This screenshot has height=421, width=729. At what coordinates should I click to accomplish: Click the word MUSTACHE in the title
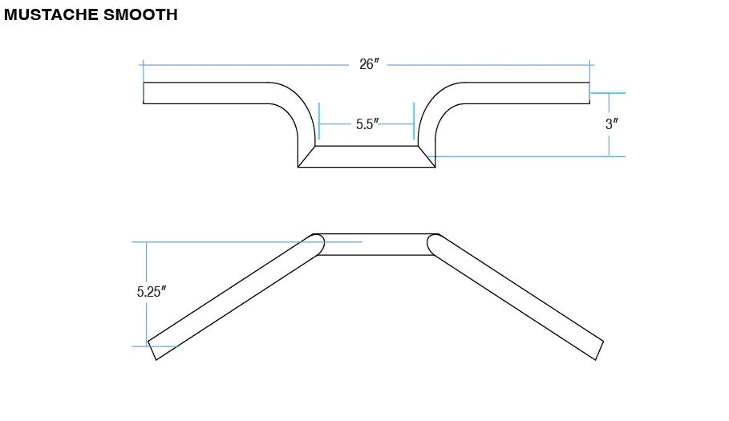(x=51, y=15)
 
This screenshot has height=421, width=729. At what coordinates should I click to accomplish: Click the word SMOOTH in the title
(x=140, y=15)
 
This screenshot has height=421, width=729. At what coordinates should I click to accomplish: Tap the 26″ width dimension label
(x=369, y=64)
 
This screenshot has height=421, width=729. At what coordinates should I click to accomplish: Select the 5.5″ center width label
(x=367, y=124)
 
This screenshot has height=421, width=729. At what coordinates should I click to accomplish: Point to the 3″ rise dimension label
(x=612, y=124)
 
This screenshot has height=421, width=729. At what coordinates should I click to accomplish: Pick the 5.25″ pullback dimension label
(x=152, y=291)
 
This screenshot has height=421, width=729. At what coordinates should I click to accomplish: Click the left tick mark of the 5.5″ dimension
(x=319, y=121)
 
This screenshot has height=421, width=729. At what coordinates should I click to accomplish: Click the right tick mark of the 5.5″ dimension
(x=414, y=121)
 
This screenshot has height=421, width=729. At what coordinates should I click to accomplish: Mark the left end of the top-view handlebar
(x=144, y=93)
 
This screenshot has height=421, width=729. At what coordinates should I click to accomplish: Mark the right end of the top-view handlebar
(x=589, y=93)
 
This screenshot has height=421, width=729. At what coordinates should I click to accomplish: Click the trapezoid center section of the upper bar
(x=367, y=156)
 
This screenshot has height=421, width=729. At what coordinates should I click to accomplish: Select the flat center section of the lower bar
(x=375, y=245)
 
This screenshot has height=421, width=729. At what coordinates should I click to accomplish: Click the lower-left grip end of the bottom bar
(x=152, y=351)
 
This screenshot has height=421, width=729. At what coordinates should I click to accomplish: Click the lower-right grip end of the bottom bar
(x=600, y=351)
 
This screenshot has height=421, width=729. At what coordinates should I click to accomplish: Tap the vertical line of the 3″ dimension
(x=609, y=124)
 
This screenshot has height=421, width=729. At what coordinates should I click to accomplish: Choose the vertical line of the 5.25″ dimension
(x=147, y=294)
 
